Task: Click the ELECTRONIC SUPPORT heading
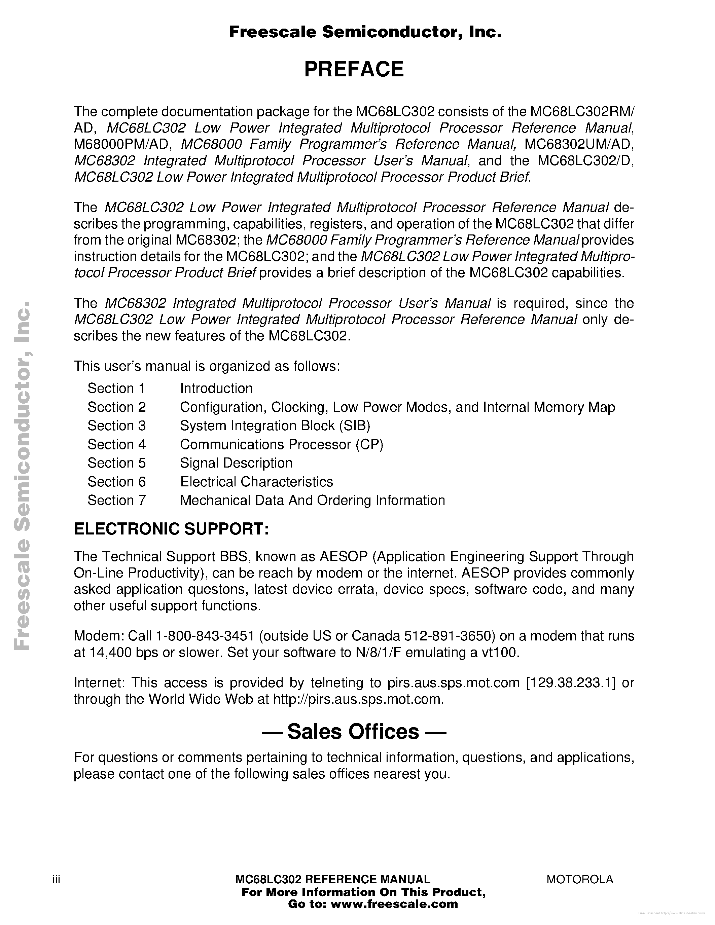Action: (x=171, y=528)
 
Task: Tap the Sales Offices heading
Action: (x=354, y=732)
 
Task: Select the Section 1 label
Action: (x=116, y=388)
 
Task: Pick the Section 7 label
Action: (x=116, y=500)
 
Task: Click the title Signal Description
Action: (x=236, y=463)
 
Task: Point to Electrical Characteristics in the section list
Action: (x=256, y=482)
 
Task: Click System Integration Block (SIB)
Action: (x=275, y=425)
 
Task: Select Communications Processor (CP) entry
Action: (x=281, y=444)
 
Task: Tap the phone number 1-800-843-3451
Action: (x=205, y=636)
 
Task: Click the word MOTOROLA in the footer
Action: (x=579, y=879)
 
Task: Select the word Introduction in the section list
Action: (x=216, y=388)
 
